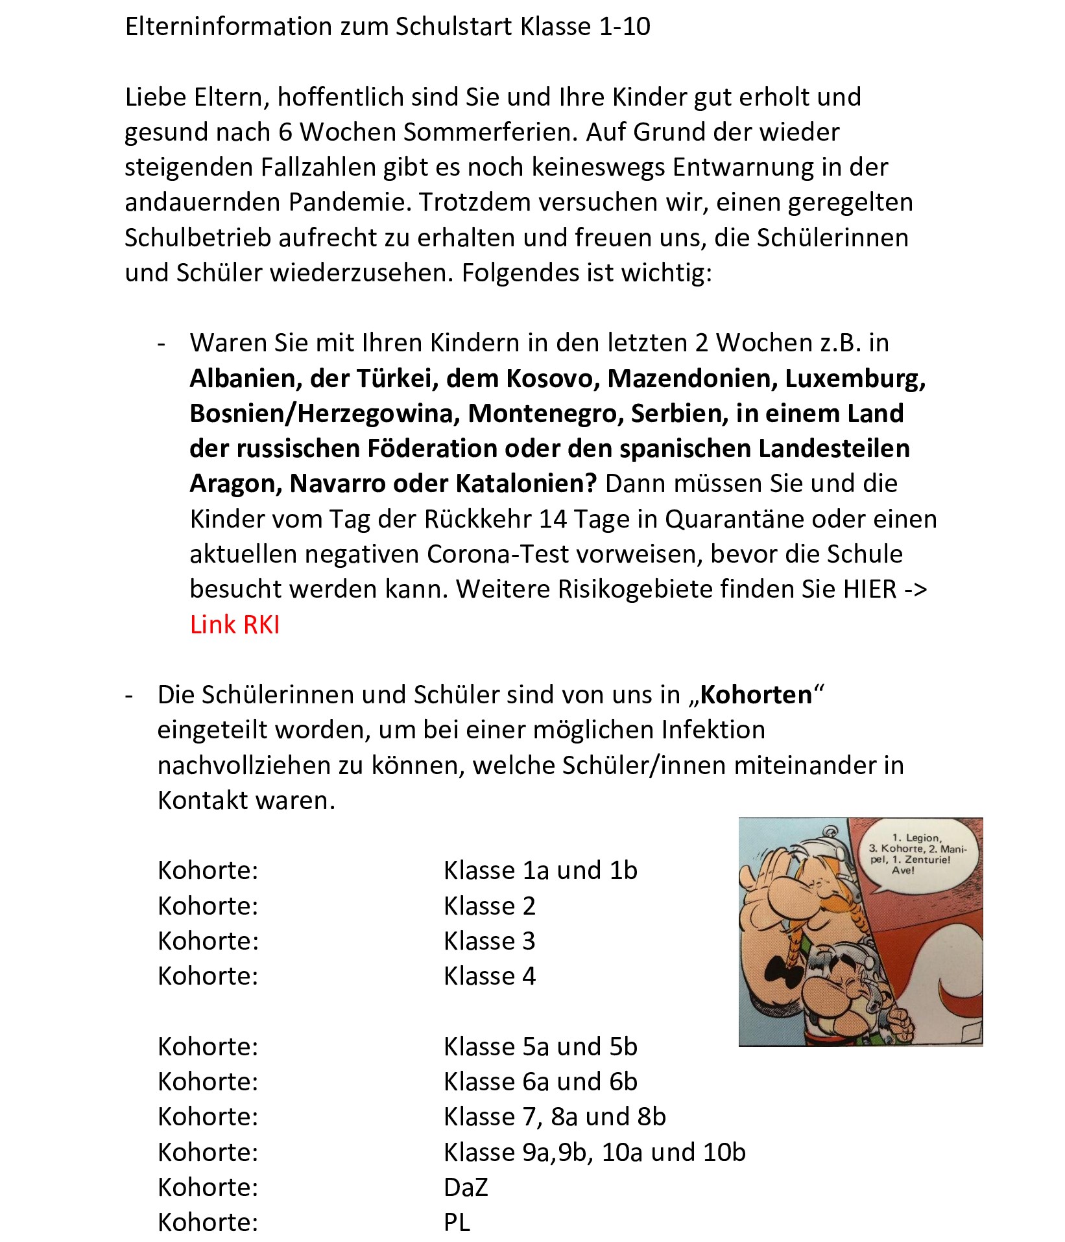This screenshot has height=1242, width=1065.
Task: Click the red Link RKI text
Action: coord(234,624)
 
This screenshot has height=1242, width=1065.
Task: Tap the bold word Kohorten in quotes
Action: coord(756,695)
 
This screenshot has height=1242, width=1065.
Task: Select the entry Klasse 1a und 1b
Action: coord(540,871)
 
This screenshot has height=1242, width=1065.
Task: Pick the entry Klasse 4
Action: coord(490,976)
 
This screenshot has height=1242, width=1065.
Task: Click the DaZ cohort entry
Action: coord(466,1188)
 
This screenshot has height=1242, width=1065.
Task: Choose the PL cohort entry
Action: coord(457,1223)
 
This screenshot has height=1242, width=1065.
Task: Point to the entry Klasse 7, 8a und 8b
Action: coord(555,1117)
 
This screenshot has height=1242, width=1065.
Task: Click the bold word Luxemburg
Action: coord(854,379)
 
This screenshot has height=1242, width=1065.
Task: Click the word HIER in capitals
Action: coord(870,589)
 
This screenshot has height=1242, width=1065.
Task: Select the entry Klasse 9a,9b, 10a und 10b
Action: coord(595,1153)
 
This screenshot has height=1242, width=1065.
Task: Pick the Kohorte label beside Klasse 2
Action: coord(208,906)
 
